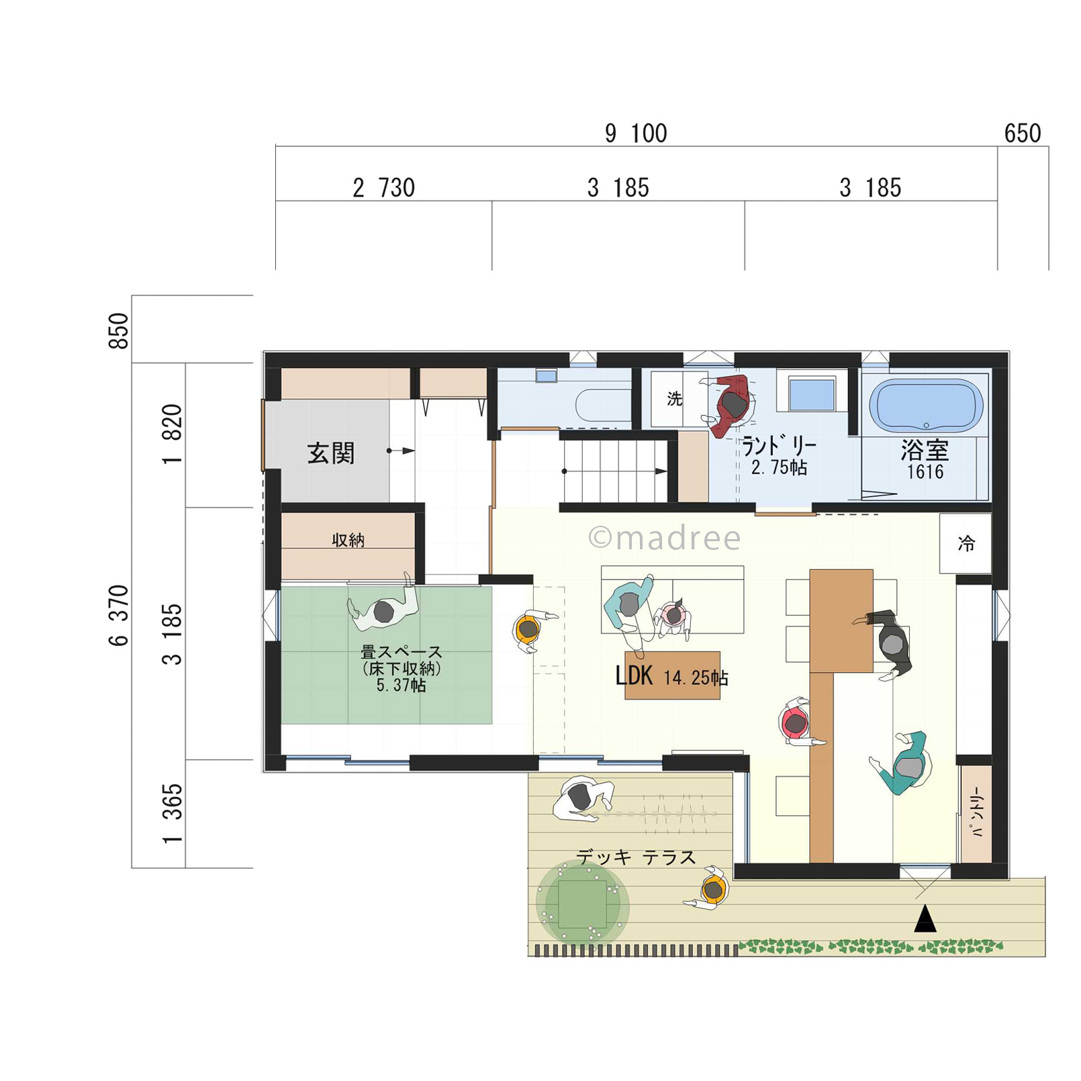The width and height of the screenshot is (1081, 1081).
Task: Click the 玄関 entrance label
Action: click(x=330, y=453)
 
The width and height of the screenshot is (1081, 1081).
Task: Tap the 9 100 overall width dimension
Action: click(x=636, y=134)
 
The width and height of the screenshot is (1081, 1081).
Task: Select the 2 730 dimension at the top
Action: click(x=383, y=188)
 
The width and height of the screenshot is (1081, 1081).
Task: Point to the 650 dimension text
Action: click(x=1023, y=134)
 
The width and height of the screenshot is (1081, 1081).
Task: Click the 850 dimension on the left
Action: click(x=118, y=330)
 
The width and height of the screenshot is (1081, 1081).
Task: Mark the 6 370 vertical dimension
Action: click(x=118, y=615)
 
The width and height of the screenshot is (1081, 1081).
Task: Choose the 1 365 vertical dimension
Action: click(x=173, y=813)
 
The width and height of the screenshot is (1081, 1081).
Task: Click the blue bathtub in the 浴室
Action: click(x=926, y=405)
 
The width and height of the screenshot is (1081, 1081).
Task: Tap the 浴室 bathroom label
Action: click(x=925, y=449)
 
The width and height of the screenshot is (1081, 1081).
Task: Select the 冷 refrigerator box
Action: click(x=966, y=543)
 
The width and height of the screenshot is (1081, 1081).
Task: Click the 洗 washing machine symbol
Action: click(x=675, y=399)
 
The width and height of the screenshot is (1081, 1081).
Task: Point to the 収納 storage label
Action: click(x=348, y=540)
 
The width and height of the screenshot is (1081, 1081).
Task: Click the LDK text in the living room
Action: click(x=634, y=675)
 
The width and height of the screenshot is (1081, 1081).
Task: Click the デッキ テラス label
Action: click(x=636, y=857)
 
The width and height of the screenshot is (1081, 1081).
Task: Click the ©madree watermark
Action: click(x=665, y=538)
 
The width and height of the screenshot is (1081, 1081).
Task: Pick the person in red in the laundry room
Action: click(x=729, y=405)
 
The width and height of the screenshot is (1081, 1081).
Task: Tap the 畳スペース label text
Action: click(x=402, y=652)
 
